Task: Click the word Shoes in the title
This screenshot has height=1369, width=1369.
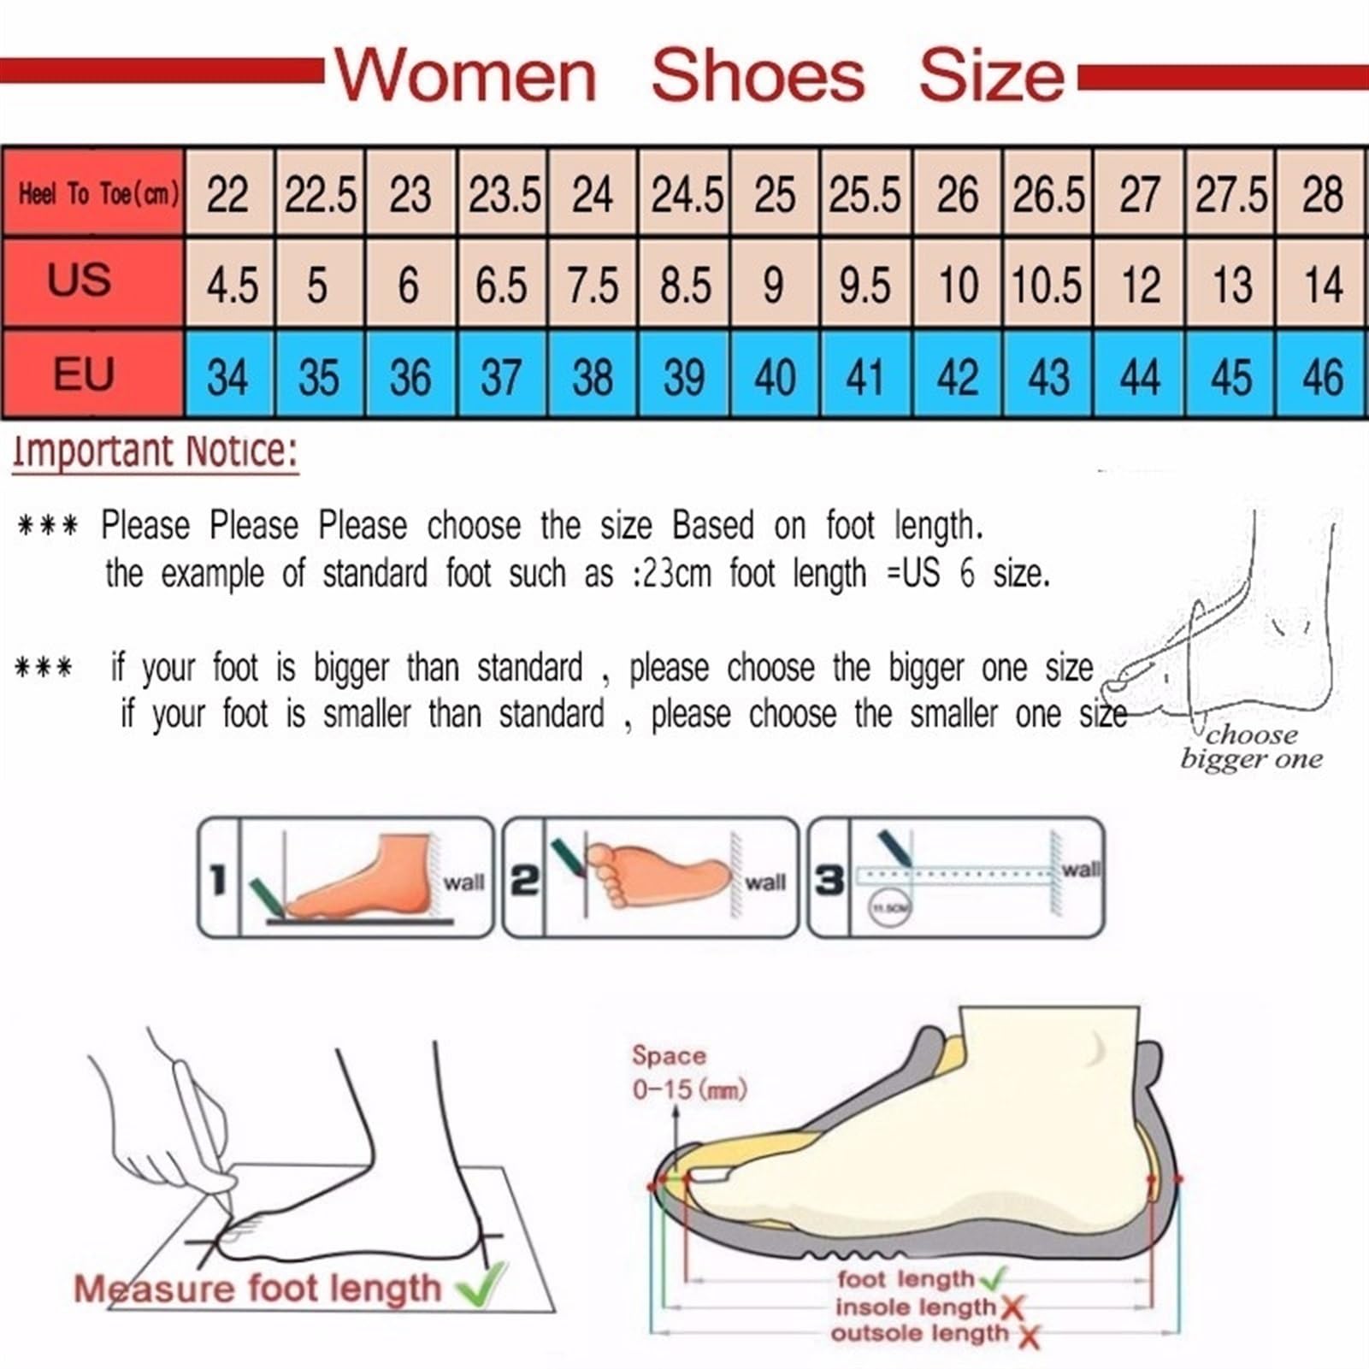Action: [758, 76]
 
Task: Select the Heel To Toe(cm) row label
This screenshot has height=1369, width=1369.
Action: [98, 194]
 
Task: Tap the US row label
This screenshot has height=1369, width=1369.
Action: [79, 280]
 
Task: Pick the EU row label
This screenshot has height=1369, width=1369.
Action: [83, 375]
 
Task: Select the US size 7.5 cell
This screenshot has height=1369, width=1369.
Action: [593, 285]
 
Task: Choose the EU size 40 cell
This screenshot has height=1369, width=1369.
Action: [775, 376]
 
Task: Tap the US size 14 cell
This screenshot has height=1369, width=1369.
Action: [1322, 285]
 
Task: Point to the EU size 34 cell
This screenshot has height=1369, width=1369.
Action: [227, 376]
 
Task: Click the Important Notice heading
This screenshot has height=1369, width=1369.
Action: [156, 451]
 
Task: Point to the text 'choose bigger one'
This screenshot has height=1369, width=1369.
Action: [1251, 746]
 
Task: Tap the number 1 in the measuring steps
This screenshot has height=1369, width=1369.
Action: [218, 879]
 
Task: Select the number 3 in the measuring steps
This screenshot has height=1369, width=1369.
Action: [829, 879]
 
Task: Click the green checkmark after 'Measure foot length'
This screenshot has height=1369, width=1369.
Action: [481, 1288]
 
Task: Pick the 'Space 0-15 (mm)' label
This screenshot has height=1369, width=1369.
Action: [688, 1072]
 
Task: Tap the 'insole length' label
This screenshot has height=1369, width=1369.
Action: [915, 1307]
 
